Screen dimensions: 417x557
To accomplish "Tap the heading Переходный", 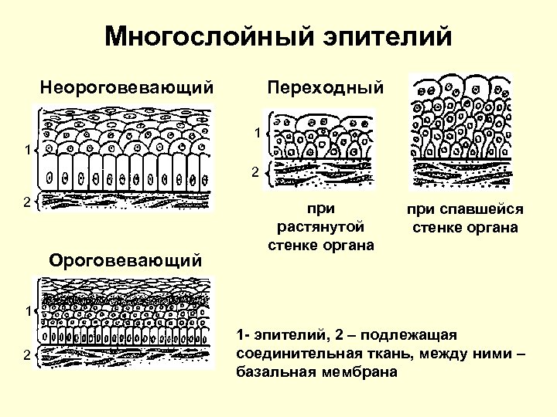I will [324, 87].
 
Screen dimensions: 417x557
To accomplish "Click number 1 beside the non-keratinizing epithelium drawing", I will [26, 150].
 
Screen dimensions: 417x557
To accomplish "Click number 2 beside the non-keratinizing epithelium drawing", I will [26, 202].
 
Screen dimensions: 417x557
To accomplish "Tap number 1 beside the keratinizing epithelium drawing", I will [26, 310].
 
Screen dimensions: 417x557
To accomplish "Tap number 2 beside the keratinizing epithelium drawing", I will [26, 354].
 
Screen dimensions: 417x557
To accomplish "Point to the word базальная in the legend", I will [272, 371].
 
